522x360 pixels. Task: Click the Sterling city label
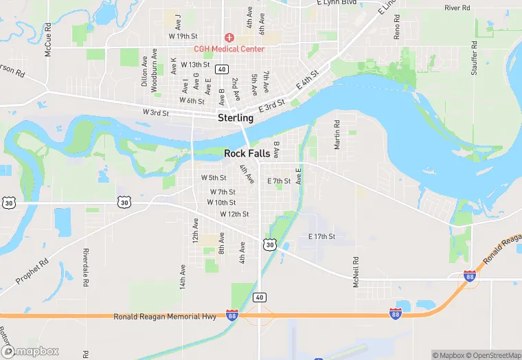236,118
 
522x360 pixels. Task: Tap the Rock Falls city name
247,153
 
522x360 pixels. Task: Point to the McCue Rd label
48,39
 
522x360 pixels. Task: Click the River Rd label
457,8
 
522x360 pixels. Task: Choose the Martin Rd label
337,135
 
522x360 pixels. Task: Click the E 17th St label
321,237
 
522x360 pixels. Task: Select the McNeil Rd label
356,272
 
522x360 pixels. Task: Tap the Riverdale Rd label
85,269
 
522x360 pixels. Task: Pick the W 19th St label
183,36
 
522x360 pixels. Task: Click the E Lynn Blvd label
337,3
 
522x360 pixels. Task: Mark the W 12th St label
234,214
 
